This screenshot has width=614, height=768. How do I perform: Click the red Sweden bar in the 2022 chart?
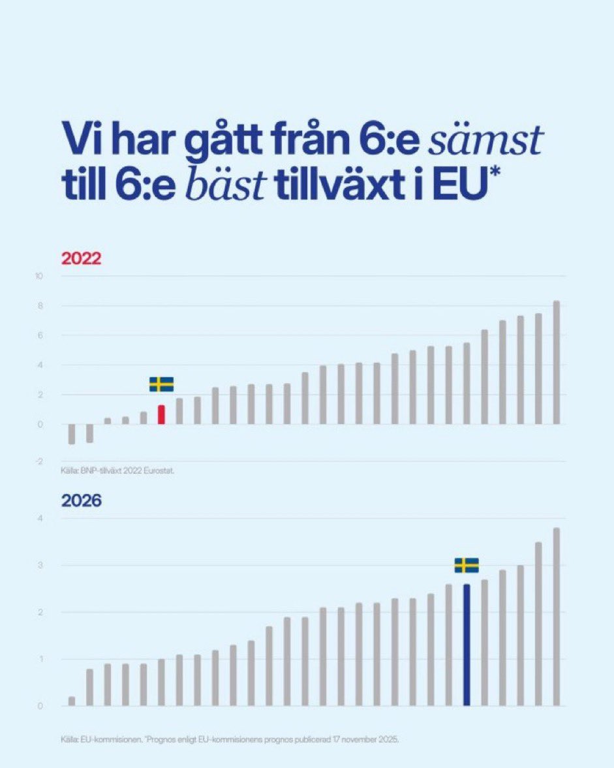(x=161, y=415)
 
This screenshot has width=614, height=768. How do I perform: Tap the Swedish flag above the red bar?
(x=161, y=384)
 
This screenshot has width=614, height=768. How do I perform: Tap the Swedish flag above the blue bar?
(x=467, y=565)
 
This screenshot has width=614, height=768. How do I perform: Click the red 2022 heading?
(x=82, y=258)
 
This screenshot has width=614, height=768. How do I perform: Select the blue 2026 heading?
(x=82, y=502)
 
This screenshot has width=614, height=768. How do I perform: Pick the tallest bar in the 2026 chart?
(x=557, y=617)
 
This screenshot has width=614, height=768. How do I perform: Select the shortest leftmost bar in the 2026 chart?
(x=72, y=701)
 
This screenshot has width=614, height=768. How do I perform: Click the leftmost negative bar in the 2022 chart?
(x=72, y=434)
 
